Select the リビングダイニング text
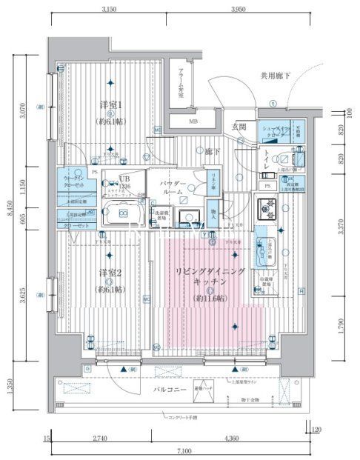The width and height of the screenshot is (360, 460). click(x=210, y=272)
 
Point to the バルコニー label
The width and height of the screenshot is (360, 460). click(x=170, y=388)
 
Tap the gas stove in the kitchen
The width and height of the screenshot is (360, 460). click(x=265, y=210)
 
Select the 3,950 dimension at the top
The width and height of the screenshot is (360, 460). click(x=237, y=9)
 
